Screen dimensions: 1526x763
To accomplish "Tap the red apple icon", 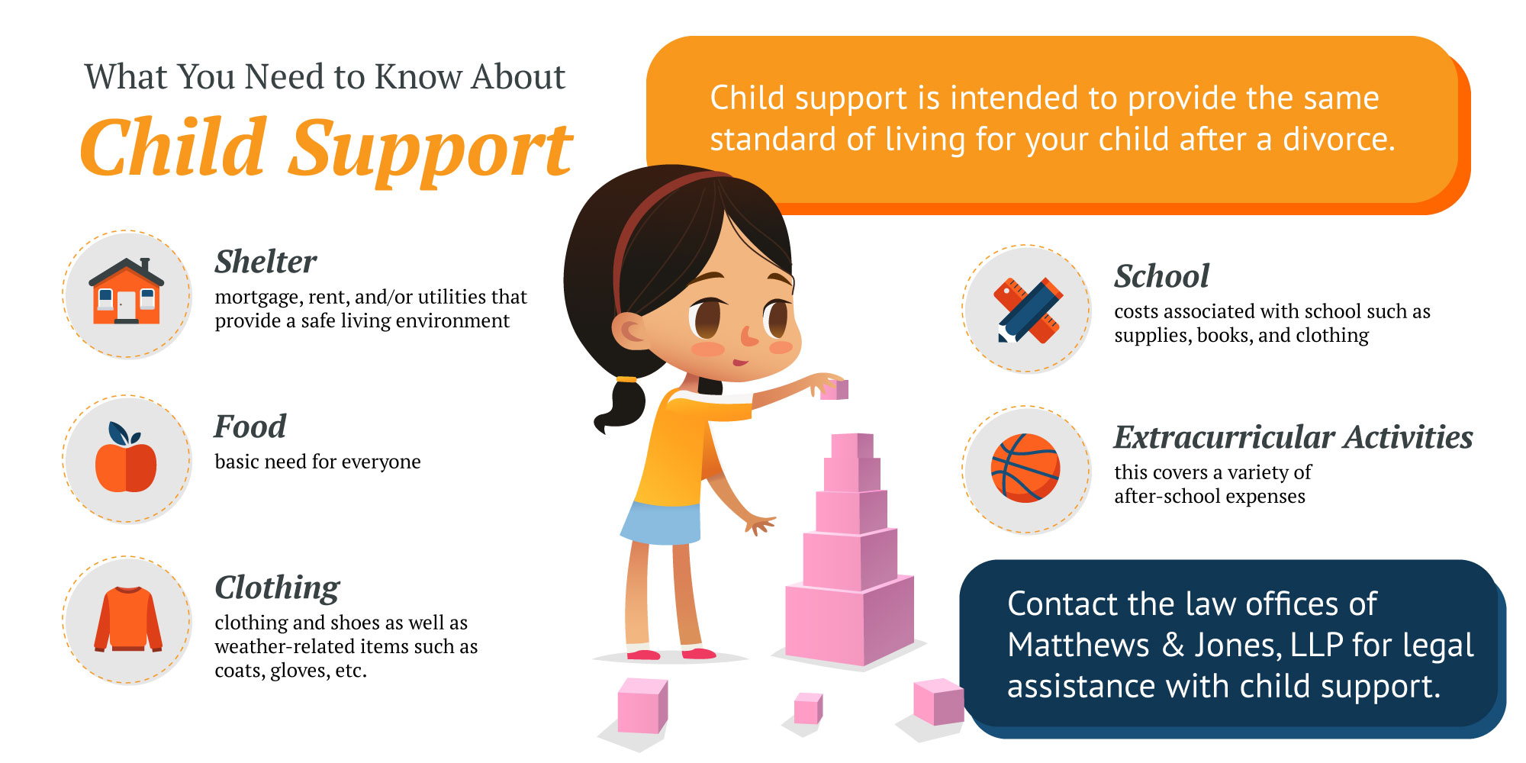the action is [x=126, y=458].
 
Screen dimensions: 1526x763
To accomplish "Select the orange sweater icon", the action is [x=127, y=619].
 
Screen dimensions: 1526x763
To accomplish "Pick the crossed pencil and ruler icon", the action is [x=1028, y=310].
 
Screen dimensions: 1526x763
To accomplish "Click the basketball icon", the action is [x=1025, y=468].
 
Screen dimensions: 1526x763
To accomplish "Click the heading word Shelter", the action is [x=266, y=262].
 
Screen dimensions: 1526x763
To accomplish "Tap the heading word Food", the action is [x=250, y=427].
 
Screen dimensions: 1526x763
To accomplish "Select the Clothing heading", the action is [x=277, y=588].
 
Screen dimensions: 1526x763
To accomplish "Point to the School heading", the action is [x=1161, y=276].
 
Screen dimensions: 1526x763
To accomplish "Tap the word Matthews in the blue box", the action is [x=1078, y=645].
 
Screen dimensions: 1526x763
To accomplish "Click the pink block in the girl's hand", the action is [x=835, y=390].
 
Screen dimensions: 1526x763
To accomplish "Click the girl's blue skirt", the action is [x=661, y=522].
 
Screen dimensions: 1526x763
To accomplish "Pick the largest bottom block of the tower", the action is [x=849, y=620].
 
